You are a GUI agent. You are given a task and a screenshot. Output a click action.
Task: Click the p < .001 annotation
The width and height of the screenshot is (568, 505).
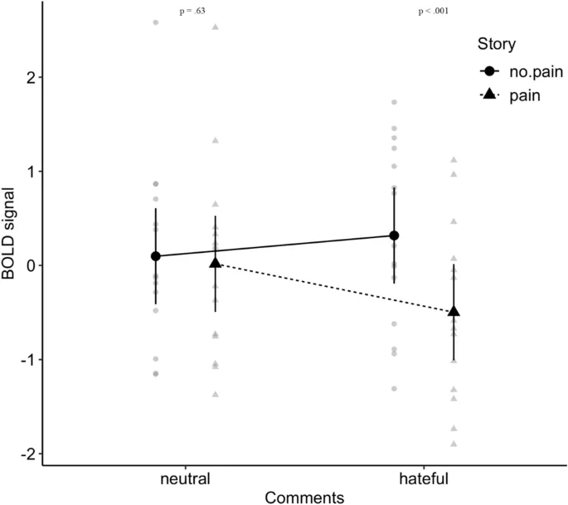pos(434,12)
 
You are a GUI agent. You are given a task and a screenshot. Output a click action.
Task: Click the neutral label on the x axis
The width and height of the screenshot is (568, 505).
pos(185,479)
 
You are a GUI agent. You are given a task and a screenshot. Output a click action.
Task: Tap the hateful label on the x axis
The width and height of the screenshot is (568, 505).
pos(424,479)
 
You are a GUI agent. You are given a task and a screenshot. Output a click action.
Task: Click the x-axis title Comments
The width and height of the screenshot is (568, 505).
pos(304,497)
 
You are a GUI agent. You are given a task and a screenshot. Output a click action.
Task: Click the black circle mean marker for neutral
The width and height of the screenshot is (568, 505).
pos(156,256)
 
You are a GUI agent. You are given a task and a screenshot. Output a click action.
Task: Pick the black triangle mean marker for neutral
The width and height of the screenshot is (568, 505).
pos(216,263)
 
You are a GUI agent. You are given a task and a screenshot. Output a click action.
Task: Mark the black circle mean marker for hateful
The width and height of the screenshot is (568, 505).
pos(394,236)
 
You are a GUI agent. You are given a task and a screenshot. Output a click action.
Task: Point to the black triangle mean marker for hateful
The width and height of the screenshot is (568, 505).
pos(454,312)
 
